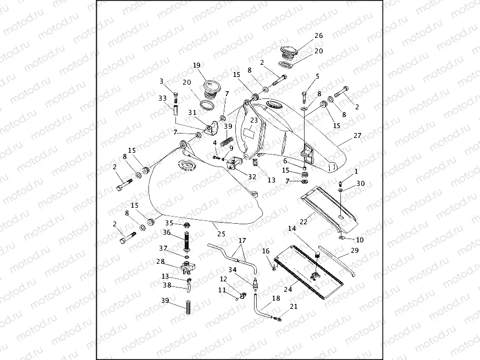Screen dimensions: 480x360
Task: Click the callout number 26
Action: [319, 36]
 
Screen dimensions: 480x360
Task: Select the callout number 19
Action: [196, 65]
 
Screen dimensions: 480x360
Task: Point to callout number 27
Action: [357, 135]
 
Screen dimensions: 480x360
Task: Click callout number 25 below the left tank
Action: [222, 234]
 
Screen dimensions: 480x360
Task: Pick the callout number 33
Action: [163, 98]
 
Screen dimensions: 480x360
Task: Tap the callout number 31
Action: [192, 113]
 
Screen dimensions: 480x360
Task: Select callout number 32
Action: [252, 176]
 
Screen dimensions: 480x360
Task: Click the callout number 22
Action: [304, 221]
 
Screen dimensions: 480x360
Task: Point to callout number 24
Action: [288, 289]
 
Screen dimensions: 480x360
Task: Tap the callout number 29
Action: [355, 251]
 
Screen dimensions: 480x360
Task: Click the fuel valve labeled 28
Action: [186, 267]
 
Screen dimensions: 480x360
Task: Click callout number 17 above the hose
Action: [242, 241]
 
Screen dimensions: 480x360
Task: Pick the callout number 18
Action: [276, 298]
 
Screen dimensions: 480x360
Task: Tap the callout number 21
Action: [294, 307]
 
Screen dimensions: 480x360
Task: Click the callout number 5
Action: [317, 76]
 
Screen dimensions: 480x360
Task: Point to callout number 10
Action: [360, 240]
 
